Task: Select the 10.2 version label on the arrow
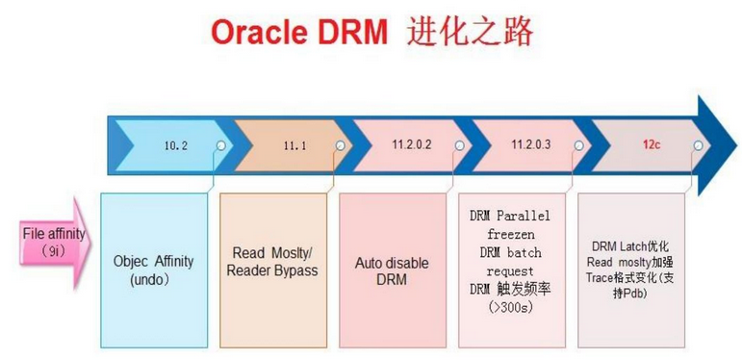[176, 145]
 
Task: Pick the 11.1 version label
[294, 145]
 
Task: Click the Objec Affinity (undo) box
[154, 270]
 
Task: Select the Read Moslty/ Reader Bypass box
[273, 262]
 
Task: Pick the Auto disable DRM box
[392, 271]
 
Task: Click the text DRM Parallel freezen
[511, 224]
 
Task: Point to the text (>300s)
[511, 308]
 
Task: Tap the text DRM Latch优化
[631, 246]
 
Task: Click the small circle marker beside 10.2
[222, 145]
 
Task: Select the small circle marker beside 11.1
[339, 145]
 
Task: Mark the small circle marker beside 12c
[697, 145]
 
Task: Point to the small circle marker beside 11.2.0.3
[578, 145]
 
